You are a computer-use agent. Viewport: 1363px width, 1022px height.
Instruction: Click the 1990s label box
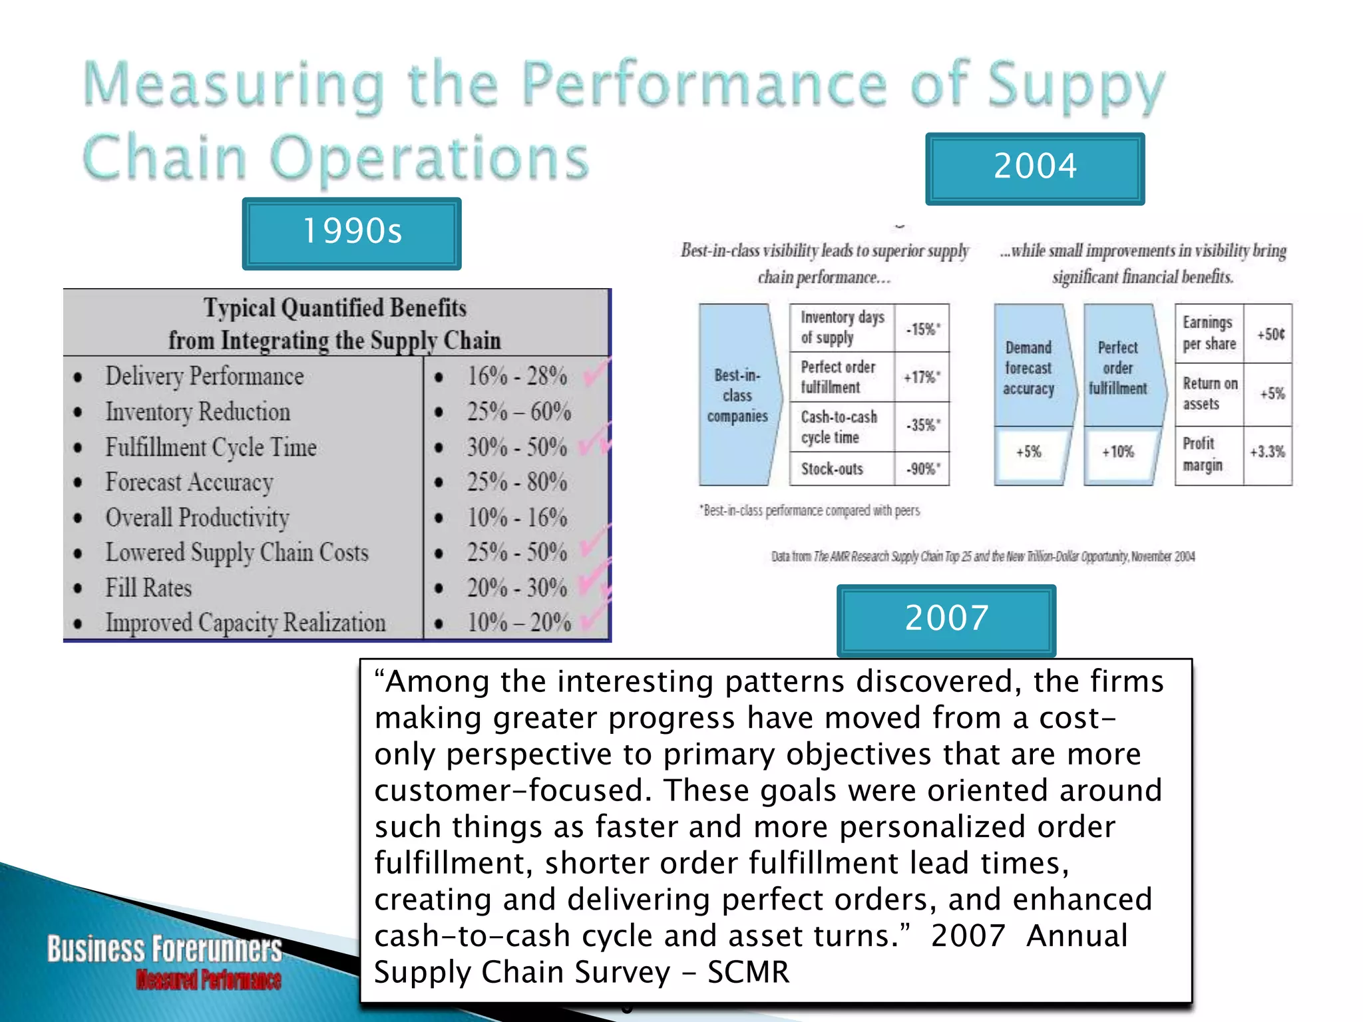click(351, 233)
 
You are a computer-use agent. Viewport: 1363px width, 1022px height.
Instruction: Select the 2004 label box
click(1035, 168)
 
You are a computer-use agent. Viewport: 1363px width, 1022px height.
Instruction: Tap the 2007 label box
click(946, 619)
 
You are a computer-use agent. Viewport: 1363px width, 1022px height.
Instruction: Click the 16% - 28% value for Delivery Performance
click(517, 377)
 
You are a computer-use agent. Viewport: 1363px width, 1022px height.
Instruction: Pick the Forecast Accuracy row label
click(190, 482)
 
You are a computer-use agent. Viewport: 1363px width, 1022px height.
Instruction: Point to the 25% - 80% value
click(517, 482)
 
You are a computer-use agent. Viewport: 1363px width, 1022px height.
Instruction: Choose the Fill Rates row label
click(149, 588)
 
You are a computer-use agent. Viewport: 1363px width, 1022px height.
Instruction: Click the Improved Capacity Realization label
click(246, 623)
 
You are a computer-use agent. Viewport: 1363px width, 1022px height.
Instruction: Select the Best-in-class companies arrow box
click(737, 395)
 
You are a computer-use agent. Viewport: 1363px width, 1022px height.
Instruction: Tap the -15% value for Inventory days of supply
click(922, 329)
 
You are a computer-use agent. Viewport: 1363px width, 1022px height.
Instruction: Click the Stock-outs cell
click(832, 469)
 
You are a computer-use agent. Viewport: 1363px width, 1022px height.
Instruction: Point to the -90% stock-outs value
click(922, 469)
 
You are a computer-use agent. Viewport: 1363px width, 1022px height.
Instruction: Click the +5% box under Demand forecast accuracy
click(1029, 452)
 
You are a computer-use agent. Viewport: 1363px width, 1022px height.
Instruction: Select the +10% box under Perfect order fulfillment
click(1118, 452)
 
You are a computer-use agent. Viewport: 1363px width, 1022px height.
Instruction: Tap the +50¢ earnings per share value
click(1270, 334)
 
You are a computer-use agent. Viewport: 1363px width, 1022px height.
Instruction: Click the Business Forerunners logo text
click(164, 949)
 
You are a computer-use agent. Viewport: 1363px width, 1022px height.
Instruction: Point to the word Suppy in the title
click(1076, 86)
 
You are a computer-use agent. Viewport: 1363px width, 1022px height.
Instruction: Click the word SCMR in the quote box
click(748, 973)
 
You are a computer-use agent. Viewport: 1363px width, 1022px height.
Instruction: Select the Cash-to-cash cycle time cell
click(839, 427)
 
